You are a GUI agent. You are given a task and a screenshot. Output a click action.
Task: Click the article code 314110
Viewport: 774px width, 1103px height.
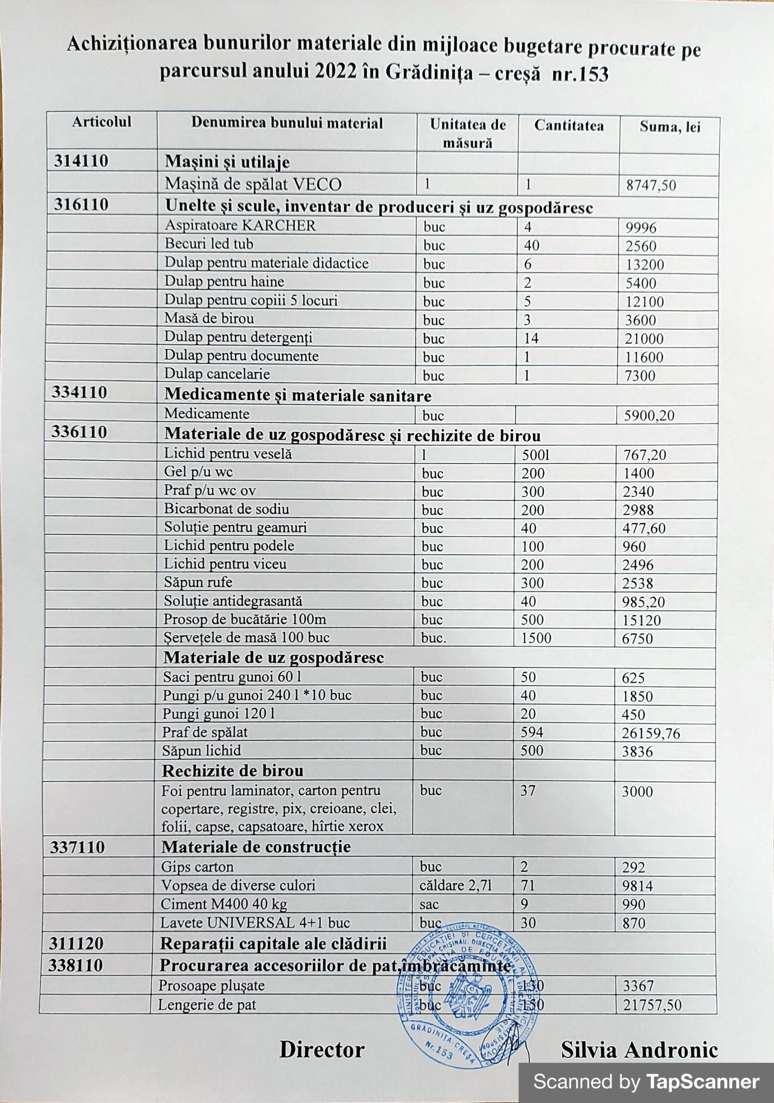81,162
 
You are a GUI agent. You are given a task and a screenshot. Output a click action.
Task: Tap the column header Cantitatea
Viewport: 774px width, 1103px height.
569,126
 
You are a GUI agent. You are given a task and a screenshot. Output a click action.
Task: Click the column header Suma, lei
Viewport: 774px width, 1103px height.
670,127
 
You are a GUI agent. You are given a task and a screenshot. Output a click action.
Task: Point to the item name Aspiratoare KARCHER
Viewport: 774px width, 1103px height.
240,226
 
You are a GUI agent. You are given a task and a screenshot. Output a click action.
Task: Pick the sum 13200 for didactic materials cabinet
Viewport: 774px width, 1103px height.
645,265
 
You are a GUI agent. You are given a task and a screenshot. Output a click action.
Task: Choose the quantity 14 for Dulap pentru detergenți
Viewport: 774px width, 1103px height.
531,339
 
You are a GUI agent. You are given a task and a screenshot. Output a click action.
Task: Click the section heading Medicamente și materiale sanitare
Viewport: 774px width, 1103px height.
298,396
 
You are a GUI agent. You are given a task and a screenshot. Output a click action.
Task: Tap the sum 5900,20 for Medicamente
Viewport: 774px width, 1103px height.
649,415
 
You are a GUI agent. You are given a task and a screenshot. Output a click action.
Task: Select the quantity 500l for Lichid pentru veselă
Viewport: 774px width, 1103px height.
535,455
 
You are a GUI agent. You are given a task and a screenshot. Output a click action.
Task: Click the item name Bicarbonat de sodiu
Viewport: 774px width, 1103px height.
226,509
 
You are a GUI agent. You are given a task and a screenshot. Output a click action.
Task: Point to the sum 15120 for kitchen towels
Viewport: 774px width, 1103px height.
641,620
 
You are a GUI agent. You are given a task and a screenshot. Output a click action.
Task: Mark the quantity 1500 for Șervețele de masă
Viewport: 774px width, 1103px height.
536,638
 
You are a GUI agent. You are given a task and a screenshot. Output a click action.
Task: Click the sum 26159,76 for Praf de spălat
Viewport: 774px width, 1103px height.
651,734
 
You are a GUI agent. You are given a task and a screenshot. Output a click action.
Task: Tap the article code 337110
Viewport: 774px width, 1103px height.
77,847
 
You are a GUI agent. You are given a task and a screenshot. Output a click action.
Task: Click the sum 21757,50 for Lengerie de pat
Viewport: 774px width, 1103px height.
652,1006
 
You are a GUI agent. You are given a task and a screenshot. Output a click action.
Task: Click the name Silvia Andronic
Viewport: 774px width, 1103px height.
640,1050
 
